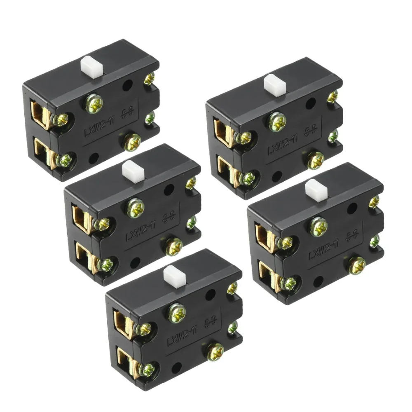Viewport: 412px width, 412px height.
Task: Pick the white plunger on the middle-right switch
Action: (x=316, y=190)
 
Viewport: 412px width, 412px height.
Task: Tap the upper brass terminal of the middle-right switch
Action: (x=265, y=235)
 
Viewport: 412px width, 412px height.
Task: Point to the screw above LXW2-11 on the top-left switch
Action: (x=94, y=103)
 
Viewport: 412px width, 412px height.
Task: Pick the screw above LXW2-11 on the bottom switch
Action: (x=177, y=313)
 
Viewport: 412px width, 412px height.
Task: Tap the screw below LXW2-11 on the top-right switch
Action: (x=316, y=160)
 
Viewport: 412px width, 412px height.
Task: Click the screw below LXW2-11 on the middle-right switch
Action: (x=357, y=265)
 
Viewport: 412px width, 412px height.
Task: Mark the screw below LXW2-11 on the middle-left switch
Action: (x=173, y=247)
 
